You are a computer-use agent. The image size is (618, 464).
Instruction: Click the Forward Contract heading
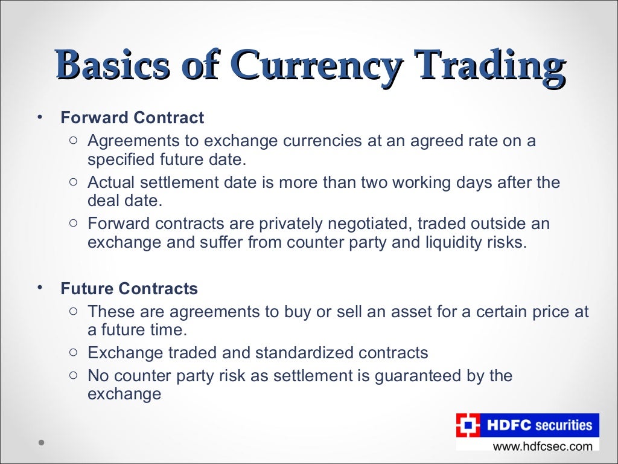point(132,117)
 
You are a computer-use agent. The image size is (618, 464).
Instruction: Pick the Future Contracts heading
point(129,289)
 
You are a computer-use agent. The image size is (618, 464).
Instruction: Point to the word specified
point(123,160)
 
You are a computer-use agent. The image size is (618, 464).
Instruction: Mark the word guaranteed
point(421,376)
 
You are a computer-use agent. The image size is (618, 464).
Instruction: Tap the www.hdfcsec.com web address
point(543,446)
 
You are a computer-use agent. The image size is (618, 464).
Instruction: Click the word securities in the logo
point(564,425)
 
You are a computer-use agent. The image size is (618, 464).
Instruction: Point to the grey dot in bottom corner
point(41,442)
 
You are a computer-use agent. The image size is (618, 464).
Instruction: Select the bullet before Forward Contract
point(40,116)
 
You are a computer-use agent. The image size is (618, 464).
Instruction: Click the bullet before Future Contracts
point(40,288)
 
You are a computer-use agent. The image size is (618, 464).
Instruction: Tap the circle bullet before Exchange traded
point(72,352)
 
